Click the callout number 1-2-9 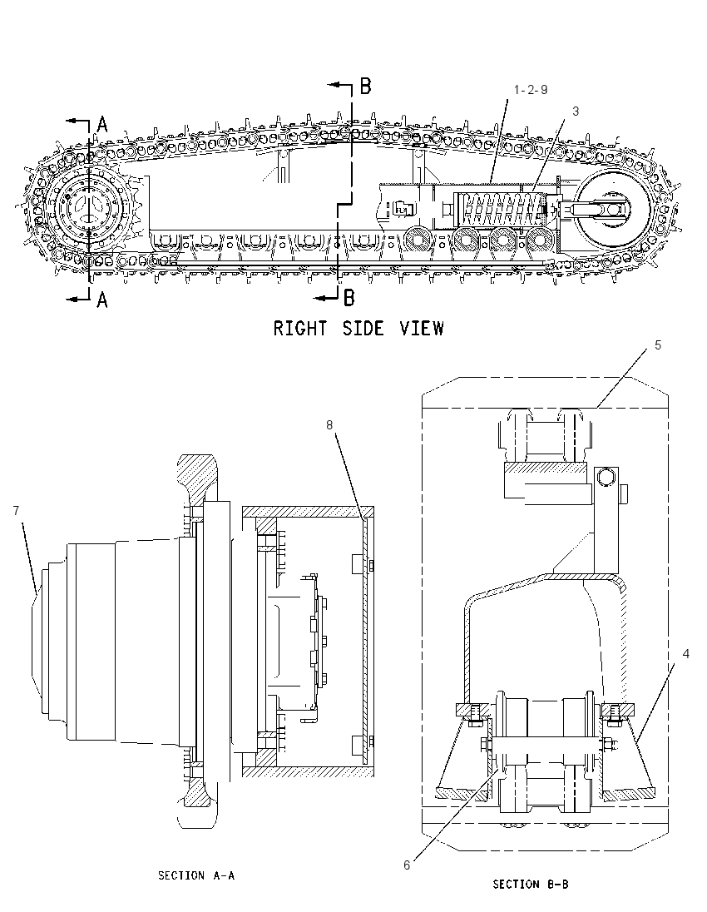(531, 90)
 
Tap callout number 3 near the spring (576, 112)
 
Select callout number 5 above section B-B (658, 344)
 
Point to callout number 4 (685, 654)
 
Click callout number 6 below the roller (407, 865)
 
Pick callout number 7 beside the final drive (16, 511)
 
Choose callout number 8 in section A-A (329, 425)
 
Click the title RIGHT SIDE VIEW (358, 328)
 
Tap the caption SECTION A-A (196, 875)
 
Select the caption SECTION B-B (531, 884)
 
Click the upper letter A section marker (102, 124)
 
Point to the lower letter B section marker (349, 298)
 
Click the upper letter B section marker (365, 87)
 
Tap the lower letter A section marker (102, 300)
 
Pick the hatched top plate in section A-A (308, 512)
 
